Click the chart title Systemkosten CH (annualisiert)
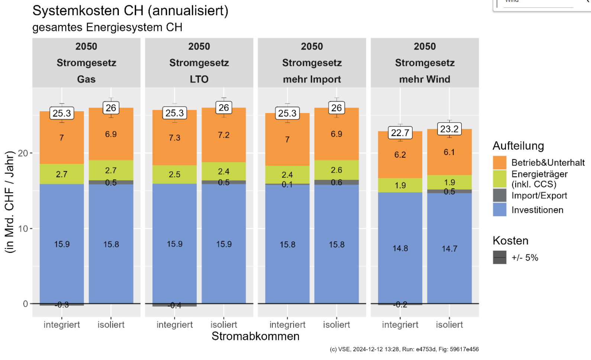point(130,11)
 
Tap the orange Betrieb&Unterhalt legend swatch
point(499,163)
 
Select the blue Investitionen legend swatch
point(499,210)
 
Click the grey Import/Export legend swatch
point(499,196)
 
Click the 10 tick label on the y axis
point(23,228)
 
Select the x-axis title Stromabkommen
point(255,336)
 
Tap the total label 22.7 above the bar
point(400,133)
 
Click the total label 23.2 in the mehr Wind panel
point(449,129)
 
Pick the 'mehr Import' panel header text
point(312,79)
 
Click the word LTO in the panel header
point(199,79)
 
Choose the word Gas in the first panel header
point(86,79)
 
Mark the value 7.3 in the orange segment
point(174,138)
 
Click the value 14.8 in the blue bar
point(400,248)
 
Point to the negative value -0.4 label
point(174,306)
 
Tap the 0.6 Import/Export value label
point(336,182)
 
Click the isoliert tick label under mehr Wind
point(449,325)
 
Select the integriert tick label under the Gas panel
point(62,325)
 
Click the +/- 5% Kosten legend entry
point(524,258)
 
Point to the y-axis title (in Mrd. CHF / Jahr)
point(9,202)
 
